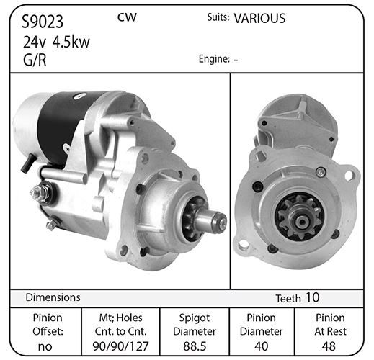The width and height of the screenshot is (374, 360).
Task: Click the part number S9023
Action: (43, 22)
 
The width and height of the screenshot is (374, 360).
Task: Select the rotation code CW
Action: (127, 17)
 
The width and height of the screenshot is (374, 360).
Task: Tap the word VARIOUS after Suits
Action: (259, 19)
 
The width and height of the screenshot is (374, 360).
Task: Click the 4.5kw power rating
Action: (71, 42)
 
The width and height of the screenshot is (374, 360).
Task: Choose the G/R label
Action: (35, 60)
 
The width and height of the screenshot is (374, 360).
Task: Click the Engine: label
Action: (214, 59)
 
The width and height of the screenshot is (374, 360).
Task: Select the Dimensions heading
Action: (53, 297)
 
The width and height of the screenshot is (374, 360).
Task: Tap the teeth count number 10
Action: (312, 297)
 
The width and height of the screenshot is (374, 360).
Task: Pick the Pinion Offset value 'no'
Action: (45, 347)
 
